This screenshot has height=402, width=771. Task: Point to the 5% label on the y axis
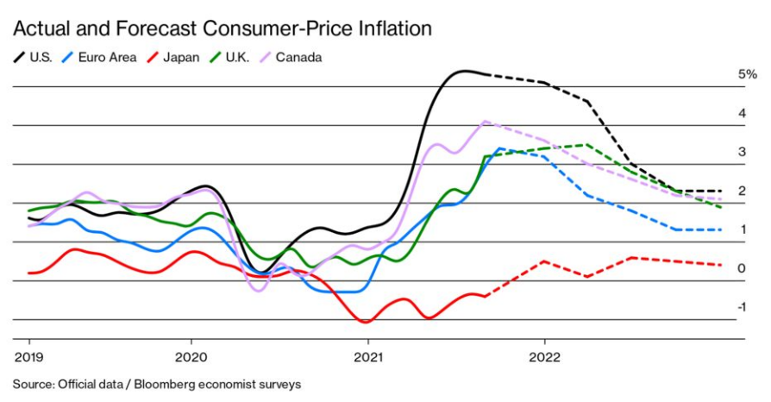coord(747,75)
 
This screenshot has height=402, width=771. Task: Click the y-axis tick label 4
coord(742,114)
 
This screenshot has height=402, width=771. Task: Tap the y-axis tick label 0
coord(742,269)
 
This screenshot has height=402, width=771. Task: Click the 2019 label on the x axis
coord(28,356)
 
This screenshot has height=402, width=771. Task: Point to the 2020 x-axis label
coord(191,356)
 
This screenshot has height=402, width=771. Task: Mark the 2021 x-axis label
coord(368,356)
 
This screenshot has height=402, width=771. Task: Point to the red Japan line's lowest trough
coord(366,323)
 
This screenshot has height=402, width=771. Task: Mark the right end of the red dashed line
coord(721,265)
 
